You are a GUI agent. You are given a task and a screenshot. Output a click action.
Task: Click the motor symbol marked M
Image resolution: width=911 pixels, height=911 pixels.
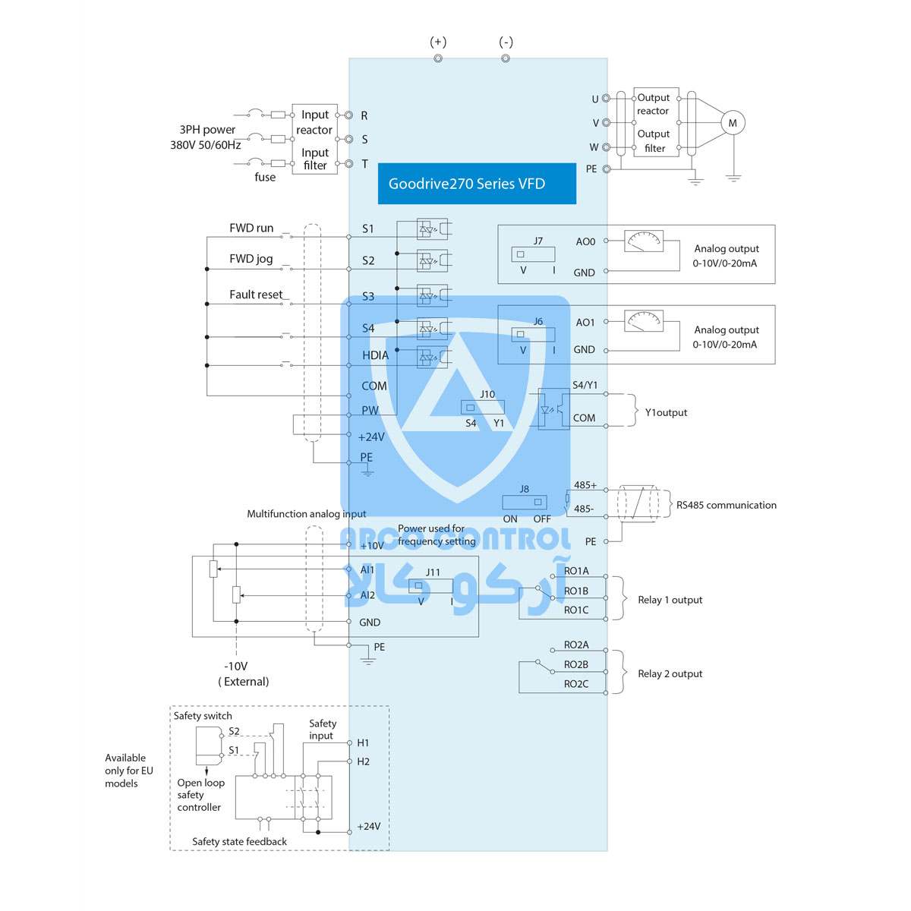click(733, 123)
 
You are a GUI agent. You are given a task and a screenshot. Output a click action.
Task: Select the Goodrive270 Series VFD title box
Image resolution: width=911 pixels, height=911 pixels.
click(477, 184)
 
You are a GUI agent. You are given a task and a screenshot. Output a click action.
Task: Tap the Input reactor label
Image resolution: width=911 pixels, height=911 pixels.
click(315, 122)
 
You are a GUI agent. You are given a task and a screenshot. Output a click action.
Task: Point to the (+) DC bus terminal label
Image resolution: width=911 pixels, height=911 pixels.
click(438, 43)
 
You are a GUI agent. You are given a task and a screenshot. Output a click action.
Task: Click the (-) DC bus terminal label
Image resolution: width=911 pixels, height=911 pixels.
click(506, 43)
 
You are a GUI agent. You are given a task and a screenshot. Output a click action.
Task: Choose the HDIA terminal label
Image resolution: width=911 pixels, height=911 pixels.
click(375, 355)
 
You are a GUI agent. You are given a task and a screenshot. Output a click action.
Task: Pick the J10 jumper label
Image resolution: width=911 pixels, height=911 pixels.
click(487, 394)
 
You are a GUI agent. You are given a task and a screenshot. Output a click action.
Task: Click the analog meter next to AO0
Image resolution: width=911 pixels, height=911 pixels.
click(643, 241)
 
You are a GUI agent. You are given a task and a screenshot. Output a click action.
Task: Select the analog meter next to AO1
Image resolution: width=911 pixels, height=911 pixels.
click(643, 322)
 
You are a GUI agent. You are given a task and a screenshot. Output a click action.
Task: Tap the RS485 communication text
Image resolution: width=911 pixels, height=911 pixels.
click(726, 505)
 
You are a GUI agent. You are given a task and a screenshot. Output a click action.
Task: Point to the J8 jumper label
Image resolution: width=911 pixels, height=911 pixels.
click(524, 489)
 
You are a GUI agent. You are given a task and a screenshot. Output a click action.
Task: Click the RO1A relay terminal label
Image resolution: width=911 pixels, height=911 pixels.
click(576, 571)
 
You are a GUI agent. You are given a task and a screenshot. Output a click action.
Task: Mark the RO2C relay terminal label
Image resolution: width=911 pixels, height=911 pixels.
click(576, 684)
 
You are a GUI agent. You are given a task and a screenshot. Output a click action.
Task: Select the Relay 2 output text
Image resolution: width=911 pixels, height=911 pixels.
click(670, 673)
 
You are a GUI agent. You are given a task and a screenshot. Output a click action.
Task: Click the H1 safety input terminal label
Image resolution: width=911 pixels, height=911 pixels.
click(363, 743)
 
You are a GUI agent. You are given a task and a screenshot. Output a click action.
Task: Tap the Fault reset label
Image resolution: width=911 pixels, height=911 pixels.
click(256, 295)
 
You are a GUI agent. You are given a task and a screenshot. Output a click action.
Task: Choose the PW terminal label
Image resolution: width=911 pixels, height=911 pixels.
click(370, 411)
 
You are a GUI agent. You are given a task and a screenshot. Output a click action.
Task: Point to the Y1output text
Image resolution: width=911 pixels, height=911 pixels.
click(666, 413)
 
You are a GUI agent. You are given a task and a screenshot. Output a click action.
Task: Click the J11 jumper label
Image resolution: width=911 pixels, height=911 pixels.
click(433, 572)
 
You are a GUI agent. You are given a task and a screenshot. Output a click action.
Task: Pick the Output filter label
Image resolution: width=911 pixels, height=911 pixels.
click(654, 141)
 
